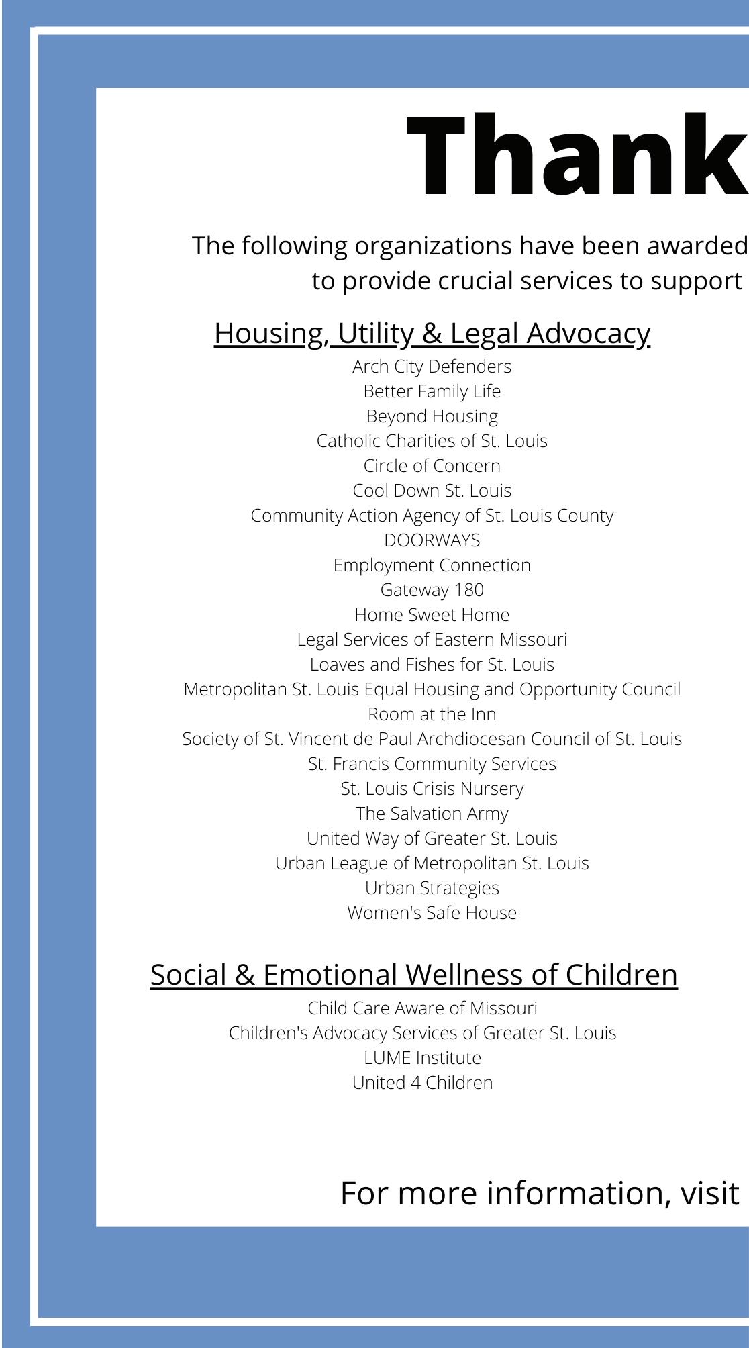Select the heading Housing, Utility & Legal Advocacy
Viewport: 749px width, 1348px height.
(432, 333)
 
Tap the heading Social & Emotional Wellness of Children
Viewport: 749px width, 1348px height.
(413, 975)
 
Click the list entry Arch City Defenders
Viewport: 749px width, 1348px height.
(432, 367)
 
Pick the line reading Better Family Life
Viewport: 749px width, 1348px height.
(432, 391)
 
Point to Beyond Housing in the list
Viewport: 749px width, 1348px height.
(432, 416)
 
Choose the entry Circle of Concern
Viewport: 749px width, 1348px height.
(432, 466)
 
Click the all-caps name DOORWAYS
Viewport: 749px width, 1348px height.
(432, 540)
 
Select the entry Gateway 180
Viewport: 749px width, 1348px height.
(432, 590)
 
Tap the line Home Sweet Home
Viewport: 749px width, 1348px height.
(432, 615)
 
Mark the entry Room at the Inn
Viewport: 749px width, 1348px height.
(432, 714)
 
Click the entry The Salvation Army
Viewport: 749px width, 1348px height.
(432, 814)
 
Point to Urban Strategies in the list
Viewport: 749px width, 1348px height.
(432, 888)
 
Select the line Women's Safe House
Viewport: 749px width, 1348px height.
(432, 913)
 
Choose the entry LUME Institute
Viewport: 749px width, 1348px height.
(423, 1058)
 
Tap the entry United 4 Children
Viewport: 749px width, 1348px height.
(423, 1083)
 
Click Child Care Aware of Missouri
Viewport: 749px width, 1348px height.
(423, 1008)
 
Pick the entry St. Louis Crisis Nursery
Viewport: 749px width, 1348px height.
(432, 789)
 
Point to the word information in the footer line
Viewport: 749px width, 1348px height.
(577, 1193)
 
